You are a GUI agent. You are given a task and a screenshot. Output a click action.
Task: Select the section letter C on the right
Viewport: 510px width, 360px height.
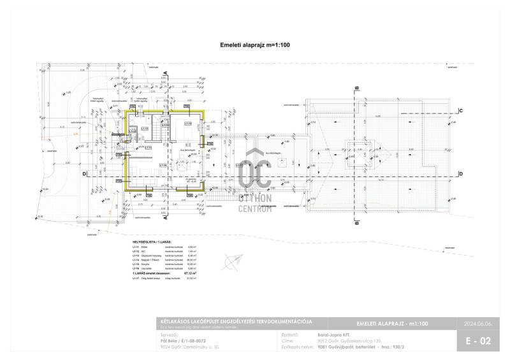click(460, 110)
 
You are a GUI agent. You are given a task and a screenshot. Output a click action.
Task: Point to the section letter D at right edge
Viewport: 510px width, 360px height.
click(460, 174)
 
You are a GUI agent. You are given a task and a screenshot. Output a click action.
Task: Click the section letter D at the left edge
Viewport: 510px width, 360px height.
click(84, 173)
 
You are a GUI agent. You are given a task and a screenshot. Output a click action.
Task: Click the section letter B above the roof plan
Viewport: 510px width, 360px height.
click(358, 88)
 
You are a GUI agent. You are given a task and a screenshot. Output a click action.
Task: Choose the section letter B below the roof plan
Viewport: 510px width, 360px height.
click(358, 223)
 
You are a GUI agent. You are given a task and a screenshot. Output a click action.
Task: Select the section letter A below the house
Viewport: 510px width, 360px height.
click(165, 218)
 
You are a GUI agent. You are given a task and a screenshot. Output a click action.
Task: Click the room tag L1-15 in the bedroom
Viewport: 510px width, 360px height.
click(189, 124)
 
